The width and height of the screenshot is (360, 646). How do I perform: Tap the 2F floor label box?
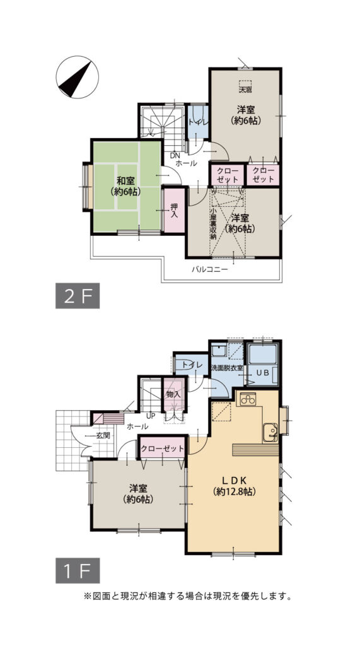click(78, 295)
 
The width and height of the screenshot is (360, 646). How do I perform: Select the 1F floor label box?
click(78, 570)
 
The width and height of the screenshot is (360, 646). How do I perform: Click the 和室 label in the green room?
click(125, 180)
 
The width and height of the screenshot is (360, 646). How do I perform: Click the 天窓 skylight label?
click(245, 88)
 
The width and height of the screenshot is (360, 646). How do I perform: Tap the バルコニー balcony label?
click(210, 270)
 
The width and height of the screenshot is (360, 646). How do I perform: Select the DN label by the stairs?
click(176, 156)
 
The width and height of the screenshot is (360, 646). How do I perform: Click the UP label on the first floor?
click(151, 416)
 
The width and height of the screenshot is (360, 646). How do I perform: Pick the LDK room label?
click(235, 480)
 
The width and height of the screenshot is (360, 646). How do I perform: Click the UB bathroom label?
click(262, 372)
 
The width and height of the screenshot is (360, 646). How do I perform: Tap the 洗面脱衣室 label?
click(227, 368)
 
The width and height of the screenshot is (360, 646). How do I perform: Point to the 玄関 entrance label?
click(103, 435)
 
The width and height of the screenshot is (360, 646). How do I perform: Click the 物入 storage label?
click(173, 394)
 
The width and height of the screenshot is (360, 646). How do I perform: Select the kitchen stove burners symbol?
click(248, 399)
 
